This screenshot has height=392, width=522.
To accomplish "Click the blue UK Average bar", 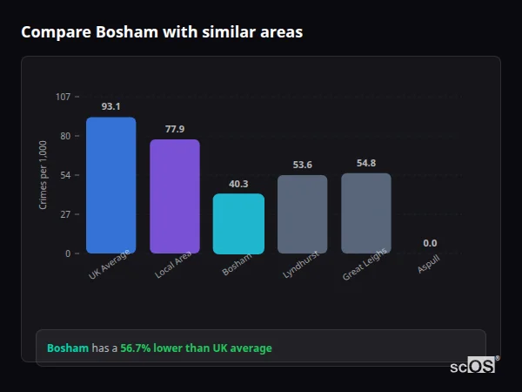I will coord(110,185).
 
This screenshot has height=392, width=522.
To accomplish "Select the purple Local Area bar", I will coord(175,196).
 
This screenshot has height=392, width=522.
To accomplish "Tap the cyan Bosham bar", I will coord(238,223).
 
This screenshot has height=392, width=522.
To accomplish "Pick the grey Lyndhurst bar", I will coord(302,214).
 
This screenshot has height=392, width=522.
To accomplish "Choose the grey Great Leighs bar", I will coord(366,213).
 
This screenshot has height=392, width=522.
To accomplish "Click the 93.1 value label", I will coord(110,106).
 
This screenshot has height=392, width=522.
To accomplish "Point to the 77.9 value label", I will coord(175,129).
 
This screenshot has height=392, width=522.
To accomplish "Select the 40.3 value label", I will coord(238,184).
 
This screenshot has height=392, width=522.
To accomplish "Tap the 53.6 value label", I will coord(302,165).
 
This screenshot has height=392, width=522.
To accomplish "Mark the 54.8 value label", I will coord(366,163).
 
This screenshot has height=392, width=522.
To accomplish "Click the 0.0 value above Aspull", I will coord(430,243).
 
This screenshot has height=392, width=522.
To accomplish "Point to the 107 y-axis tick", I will coord(63,97).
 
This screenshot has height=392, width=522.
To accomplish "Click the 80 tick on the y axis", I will coord(65,136).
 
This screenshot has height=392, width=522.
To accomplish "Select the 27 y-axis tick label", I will coord(65,214).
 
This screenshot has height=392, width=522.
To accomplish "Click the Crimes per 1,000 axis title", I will coord(43,174).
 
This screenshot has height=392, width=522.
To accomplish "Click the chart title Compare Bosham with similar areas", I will coord(162,32).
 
